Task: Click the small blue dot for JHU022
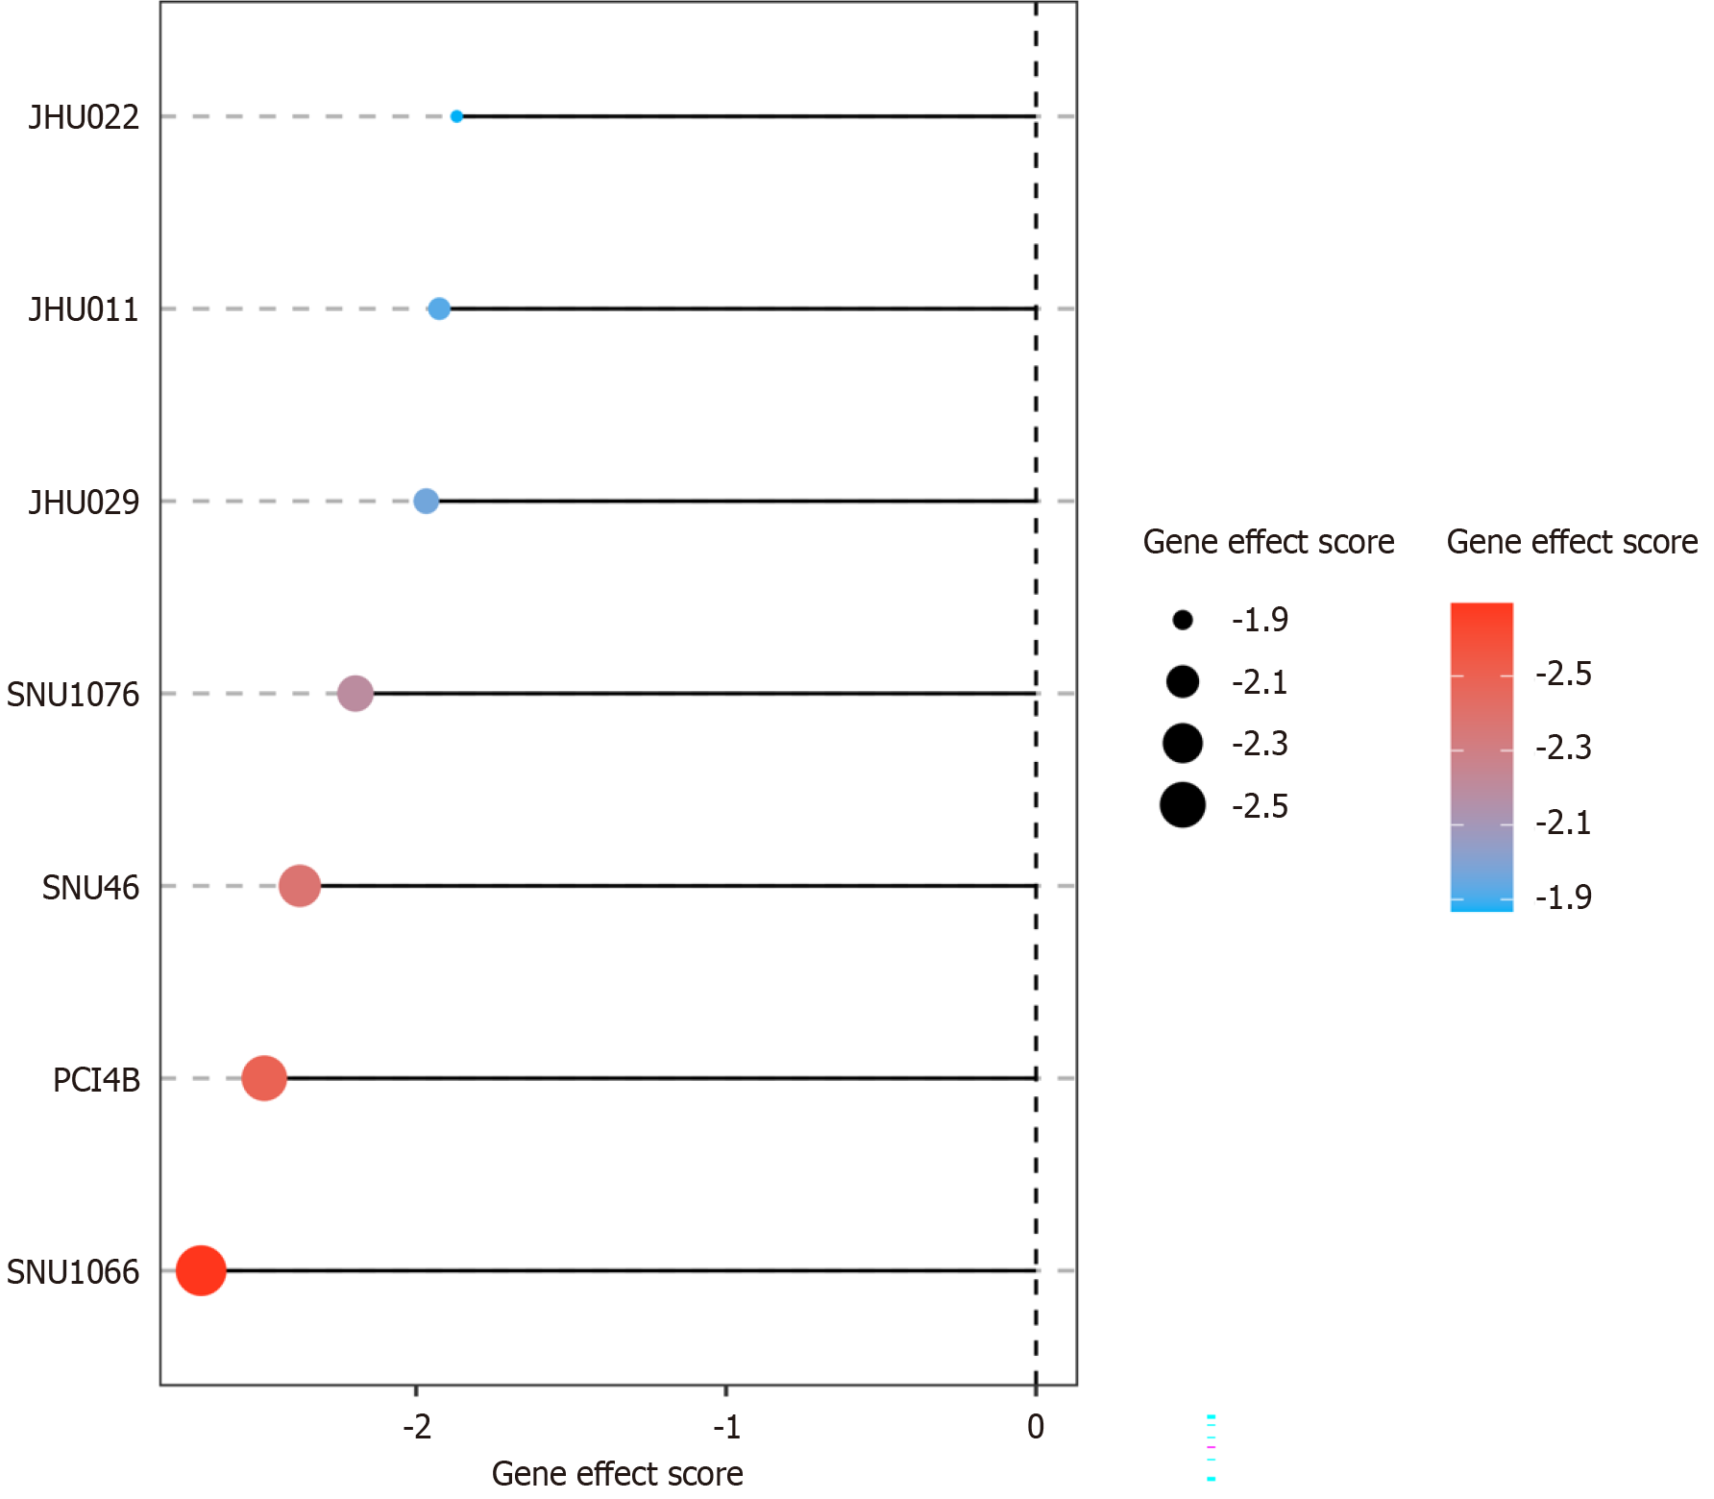point(456,116)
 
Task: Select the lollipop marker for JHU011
point(439,308)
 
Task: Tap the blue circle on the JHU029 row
point(426,501)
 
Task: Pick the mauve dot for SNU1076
point(355,693)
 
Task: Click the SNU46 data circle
point(300,885)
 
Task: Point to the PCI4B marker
point(264,1078)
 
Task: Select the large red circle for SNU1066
point(201,1270)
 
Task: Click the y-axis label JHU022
point(84,117)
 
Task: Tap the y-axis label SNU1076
point(73,695)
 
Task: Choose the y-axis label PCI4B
point(96,1080)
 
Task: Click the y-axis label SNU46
point(90,888)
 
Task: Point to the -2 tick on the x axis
point(417,1427)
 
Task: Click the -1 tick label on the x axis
point(726,1427)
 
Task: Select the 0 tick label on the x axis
point(1035,1427)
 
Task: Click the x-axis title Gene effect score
point(617,1474)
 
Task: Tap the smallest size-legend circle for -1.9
point(1183,620)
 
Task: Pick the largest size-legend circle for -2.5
point(1183,805)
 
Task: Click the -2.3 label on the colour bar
point(1563,748)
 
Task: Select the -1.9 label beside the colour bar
point(1563,897)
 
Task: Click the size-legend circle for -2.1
point(1183,682)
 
